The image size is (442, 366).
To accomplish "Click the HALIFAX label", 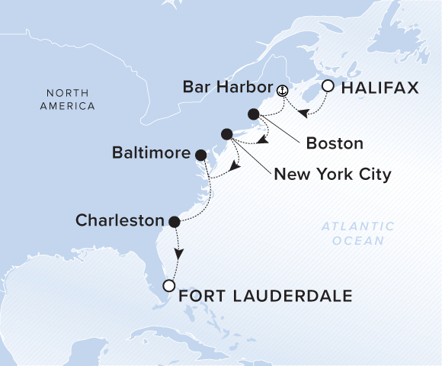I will coord(380,88).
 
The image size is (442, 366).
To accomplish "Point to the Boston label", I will coord(334,143).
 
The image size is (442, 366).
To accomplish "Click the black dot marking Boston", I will coord(254,114).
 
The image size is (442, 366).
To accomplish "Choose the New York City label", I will coord(332,175).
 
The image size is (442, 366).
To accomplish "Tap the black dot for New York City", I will coord(226,134).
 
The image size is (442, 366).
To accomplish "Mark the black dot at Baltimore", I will coord(200,154).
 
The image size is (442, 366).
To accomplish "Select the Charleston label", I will coord(120,221).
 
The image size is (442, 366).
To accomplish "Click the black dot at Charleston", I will coord(174,222).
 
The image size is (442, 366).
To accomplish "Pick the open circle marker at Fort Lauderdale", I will coord(169,287).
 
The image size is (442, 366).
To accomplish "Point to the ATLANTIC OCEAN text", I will coord(357,233).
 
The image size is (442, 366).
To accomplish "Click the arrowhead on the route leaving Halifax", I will coord(302,115).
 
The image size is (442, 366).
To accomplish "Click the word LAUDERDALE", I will coord(295,295).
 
